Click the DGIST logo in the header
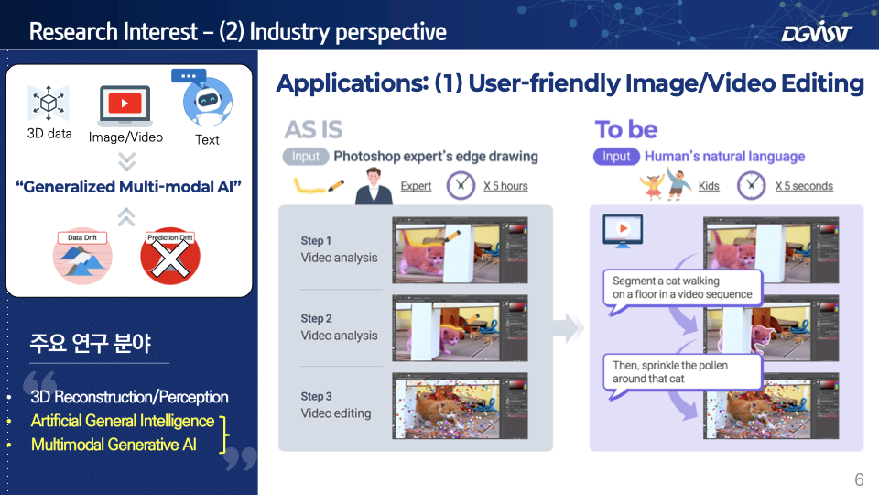pos(817,31)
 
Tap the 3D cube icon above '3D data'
pos(49,104)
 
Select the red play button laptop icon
pos(125,105)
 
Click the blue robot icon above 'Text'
pos(206,99)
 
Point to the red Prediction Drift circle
pos(170,257)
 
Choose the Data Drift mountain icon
pos(82,257)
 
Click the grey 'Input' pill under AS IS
pos(305,157)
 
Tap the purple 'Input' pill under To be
pos(616,157)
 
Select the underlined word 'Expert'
pos(416,186)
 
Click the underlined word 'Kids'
pos(709,186)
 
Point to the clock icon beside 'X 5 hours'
pos(461,185)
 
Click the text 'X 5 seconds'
pos(804,186)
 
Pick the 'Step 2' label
pos(316,318)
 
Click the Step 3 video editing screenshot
pos(460,406)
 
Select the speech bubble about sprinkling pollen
pos(682,375)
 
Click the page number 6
pos(859,479)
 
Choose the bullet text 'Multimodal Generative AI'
pos(114,445)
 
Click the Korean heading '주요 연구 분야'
pos(91,343)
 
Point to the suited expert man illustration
pos(374,186)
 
